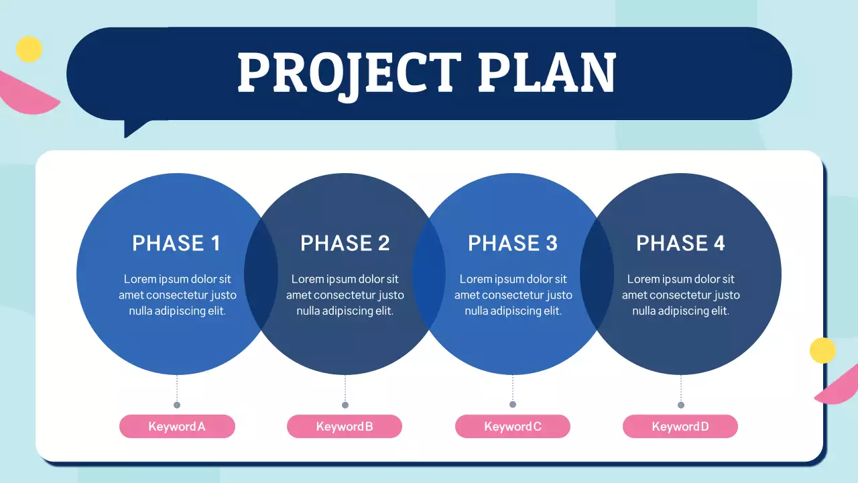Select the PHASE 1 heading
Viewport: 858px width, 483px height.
point(176,243)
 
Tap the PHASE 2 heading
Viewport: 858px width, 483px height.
point(345,243)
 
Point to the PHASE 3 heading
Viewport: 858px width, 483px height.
point(513,243)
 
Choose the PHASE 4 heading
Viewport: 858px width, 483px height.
point(680,243)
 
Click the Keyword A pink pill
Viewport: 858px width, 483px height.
point(177,427)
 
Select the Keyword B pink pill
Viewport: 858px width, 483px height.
point(345,427)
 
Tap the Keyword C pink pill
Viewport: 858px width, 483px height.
point(513,427)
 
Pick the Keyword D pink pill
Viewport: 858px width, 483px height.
point(680,427)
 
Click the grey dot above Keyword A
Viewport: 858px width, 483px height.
point(177,405)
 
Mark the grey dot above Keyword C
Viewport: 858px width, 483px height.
point(513,404)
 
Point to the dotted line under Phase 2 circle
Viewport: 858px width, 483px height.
point(345,388)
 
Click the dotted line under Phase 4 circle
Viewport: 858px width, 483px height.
point(681,388)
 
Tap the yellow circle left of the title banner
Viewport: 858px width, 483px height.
point(29,49)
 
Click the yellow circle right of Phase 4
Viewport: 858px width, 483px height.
point(822,350)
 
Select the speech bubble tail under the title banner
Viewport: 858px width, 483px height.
point(134,127)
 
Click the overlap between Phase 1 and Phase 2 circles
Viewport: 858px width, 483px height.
point(261,274)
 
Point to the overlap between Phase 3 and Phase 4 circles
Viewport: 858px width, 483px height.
point(597,274)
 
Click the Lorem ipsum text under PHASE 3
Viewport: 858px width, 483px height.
point(513,295)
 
